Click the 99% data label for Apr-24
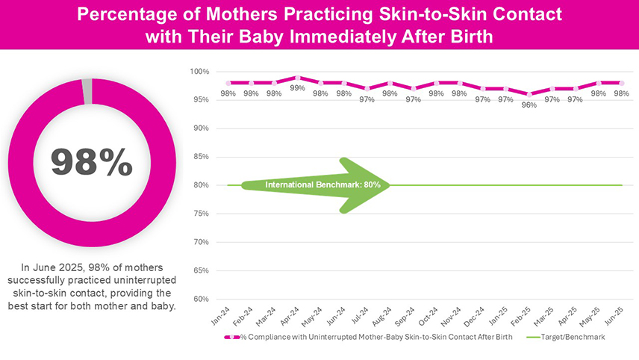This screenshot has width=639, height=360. pos(298,87)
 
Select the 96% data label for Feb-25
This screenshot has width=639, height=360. pos(529,105)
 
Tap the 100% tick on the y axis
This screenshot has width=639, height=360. pos(199,72)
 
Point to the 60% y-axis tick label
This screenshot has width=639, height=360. pos(201,299)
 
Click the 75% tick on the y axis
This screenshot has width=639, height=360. pos(201,214)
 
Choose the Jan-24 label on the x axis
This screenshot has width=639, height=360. pos(220,315)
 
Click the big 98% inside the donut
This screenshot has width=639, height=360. pos(91,163)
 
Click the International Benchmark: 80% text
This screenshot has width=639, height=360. pos(323,184)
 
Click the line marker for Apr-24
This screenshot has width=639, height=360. pos(298,78)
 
